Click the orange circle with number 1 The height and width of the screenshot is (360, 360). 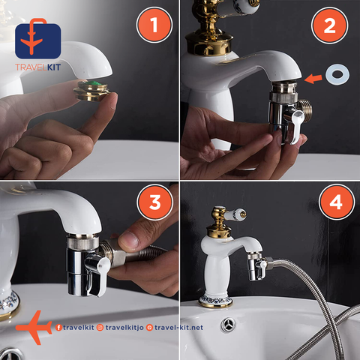click(x=154, y=25)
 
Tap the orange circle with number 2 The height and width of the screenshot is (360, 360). click(x=329, y=25)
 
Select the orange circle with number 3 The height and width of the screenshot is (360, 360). click(x=155, y=202)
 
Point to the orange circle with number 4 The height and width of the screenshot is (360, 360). click(x=336, y=202)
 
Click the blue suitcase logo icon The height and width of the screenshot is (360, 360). click(x=37, y=39)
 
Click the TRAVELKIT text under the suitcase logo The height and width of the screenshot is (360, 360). click(x=37, y=67)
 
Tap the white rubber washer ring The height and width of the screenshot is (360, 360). click(x=337, y=74)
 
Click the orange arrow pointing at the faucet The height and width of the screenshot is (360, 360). click(x=313, y=79)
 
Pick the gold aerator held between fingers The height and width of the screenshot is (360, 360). click(x=91, y=91)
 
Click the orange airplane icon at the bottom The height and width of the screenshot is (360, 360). click(x=34, y=328)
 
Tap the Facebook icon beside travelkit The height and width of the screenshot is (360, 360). click(x=58, y=328)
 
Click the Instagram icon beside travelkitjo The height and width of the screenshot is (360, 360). click(x=100, y=328)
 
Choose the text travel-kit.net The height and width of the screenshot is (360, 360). click(x=178, y=328)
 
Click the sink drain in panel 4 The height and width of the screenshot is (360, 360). click(x=228, y=325)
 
